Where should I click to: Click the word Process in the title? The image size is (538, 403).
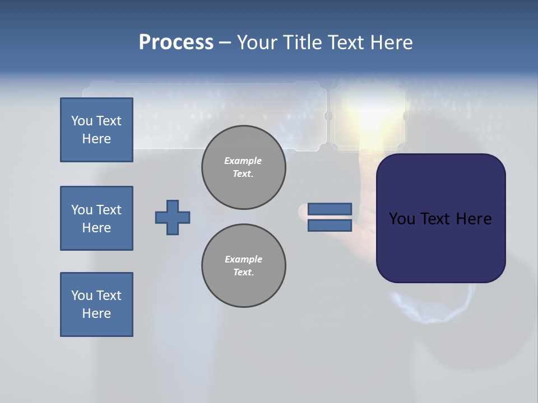pyautogui.click(x=176, y=43)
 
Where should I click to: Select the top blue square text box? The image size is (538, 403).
pyautogui.click(x=96, y=130)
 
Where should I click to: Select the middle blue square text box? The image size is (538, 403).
pyautogui.click(x=96, y=218)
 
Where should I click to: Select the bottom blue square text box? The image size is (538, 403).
pyautogui.click(x=96, y=304)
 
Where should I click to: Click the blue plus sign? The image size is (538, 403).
pyautogui.click(x=173, y=217)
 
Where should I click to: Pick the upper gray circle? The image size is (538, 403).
pyautogui.click(x=244, y=167)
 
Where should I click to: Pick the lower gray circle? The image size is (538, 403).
pyautogui.click(x=244, y=266)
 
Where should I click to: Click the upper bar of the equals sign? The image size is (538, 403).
pyautogui.click(x=330, y=209)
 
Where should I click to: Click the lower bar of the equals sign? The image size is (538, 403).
pyautogui.click(x=330, y=226)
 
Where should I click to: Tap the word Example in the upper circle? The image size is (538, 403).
pyautogui.click(x=243, y=161)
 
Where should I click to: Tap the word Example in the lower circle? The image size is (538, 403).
pyautogui.click(x=243, y=259)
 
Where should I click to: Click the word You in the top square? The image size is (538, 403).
pyautogui.click(x=81, y=121)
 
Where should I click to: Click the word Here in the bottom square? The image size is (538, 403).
pyautogui.click(x=96, y=313)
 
